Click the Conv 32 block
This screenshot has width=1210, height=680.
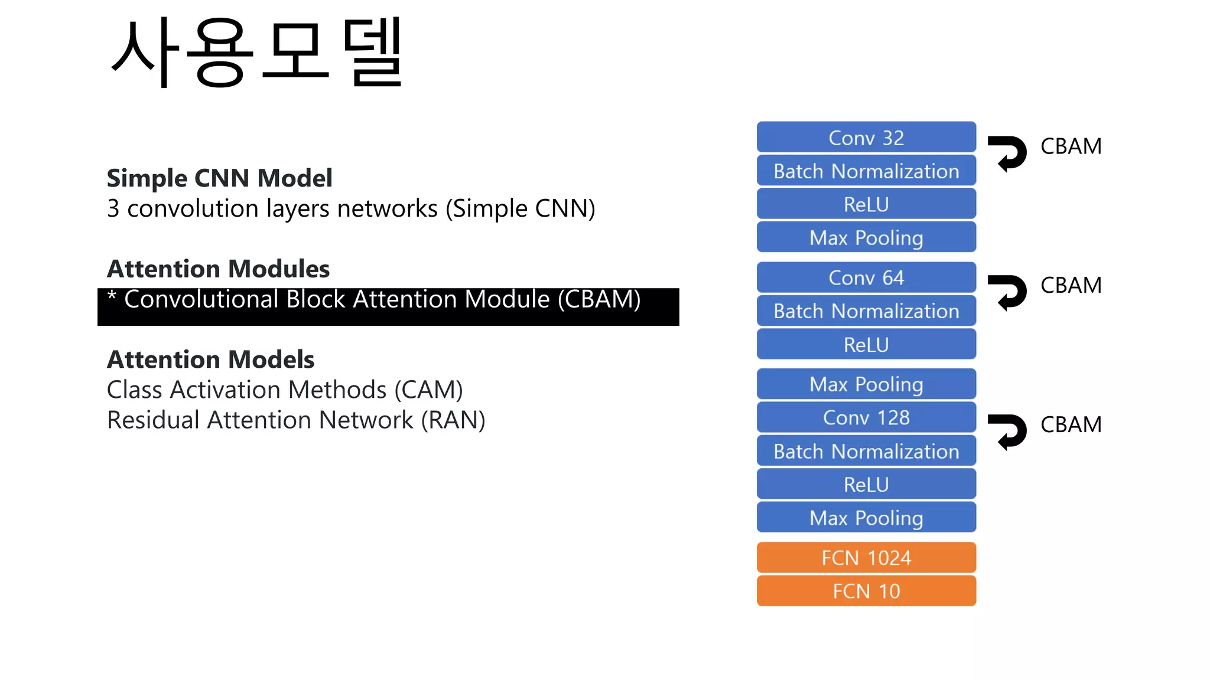866,138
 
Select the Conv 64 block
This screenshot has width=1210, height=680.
866,277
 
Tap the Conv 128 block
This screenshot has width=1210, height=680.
866,417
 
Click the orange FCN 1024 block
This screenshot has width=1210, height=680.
866,558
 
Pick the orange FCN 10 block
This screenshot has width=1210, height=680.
866,591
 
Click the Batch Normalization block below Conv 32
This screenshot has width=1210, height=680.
866,171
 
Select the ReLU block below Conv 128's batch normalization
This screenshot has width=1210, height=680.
866,485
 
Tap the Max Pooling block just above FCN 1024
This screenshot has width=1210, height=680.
866,518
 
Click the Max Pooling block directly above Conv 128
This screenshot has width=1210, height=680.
866,384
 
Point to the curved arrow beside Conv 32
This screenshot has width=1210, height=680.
1009,153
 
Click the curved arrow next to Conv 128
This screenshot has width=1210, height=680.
1009,431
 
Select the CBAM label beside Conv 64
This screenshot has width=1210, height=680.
1071,285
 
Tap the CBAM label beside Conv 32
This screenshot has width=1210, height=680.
1071,146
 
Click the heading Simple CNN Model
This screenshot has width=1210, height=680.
219,178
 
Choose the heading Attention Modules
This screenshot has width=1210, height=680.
218,269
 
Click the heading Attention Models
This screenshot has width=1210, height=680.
210,359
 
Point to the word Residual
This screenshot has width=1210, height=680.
153,420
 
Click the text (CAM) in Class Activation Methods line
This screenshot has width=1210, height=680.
428,390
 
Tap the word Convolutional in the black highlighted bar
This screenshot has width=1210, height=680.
201,299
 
